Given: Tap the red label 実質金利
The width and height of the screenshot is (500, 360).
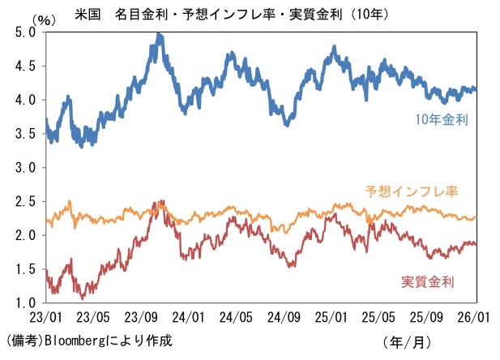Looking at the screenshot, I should click(427, 281).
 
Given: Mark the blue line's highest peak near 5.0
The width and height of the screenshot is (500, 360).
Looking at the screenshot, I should click(159, 35).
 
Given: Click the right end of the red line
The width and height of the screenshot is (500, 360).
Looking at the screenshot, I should click(476, 243).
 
